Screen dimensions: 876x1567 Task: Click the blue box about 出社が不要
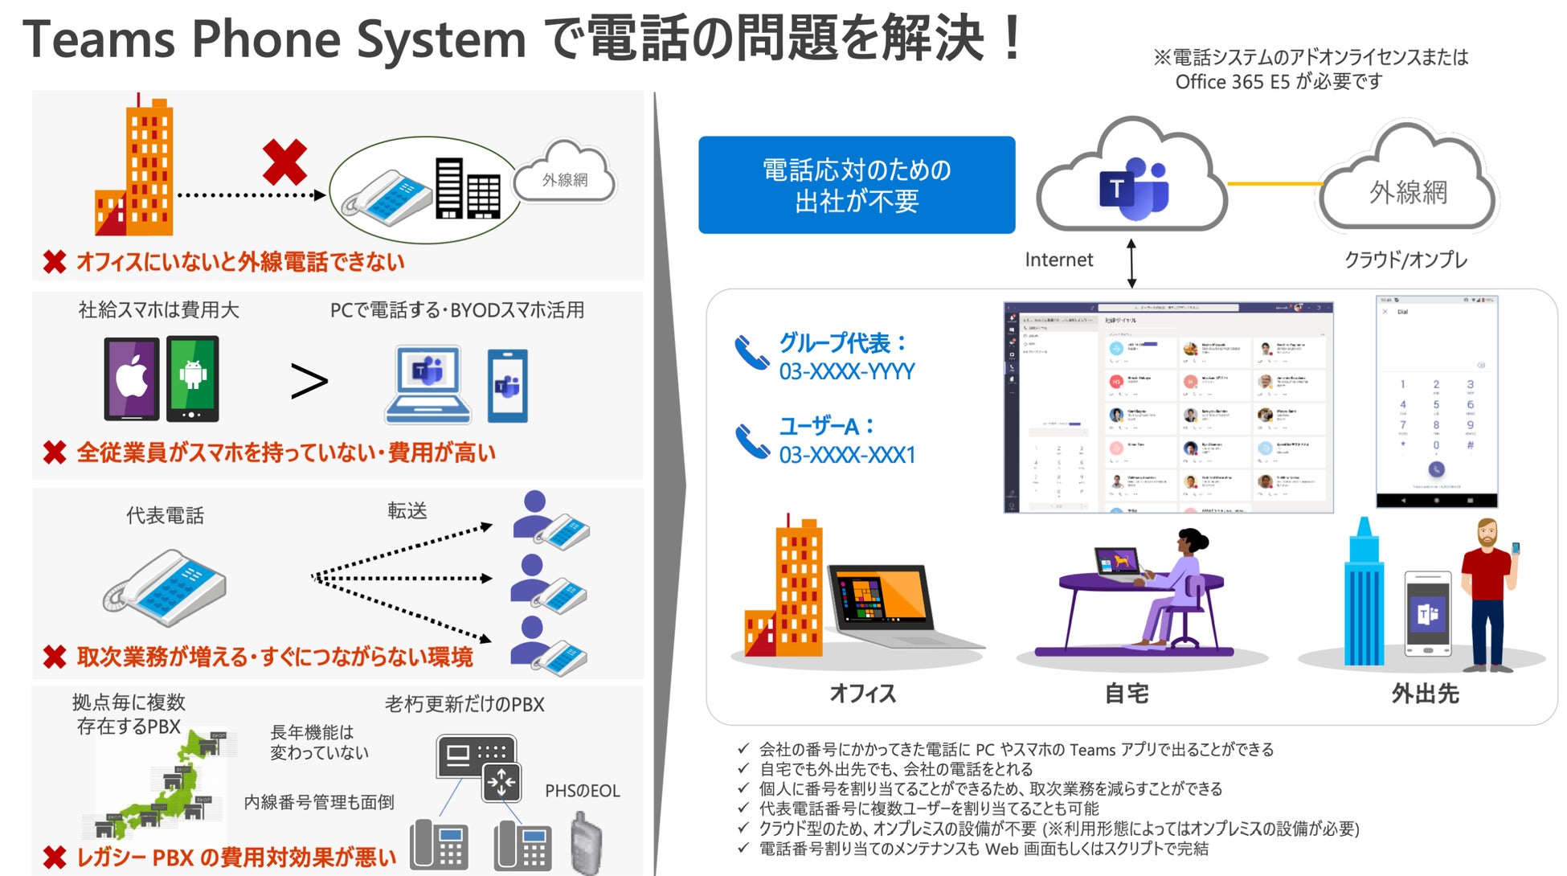pyautogui.click(x=856, y=185)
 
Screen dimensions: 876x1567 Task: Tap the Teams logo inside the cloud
pyautogui.click(x=1133, y=189)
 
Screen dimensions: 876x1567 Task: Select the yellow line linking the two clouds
pyautogui.click(x=1274, y=184)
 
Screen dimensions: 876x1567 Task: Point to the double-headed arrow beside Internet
pyautogui.click(x=1131, y=263)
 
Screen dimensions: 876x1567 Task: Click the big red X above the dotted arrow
pyautogui.click(x=284, y=162)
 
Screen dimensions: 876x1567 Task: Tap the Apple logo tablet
pyautogui.click(x=132, y=378)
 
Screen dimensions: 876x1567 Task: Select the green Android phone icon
pyautogui.click(x=193, y=378)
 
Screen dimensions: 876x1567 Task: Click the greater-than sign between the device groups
pyautogui.click(x=309, y=381)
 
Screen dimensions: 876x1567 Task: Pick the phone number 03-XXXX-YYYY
pyautogui.click(x=847, y=371)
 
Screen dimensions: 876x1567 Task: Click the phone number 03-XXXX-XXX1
pyautogui.click(x=847, y=455)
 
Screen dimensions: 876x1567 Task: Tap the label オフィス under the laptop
pyautogui.click(x=862, y=693)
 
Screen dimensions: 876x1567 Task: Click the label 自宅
pyautogui.click(x=1127, y=693)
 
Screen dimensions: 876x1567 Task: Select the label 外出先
pyautogui.click(x=1425, y=693)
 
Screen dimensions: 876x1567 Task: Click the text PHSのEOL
pyautogui.click(x=583, y=791)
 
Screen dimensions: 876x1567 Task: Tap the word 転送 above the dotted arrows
pyautogui.click(x=407, y=511)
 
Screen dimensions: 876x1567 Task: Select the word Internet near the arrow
pyautogui.click(x=1059, y=260)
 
